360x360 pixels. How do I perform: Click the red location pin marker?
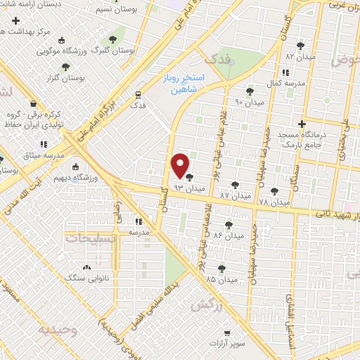coord(180,166)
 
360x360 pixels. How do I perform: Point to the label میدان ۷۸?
coord(274,202)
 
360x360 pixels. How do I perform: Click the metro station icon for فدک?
coord(139,94)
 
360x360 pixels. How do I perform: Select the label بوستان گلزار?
coord(65,78)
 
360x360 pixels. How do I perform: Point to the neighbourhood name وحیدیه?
coord(58,328)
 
